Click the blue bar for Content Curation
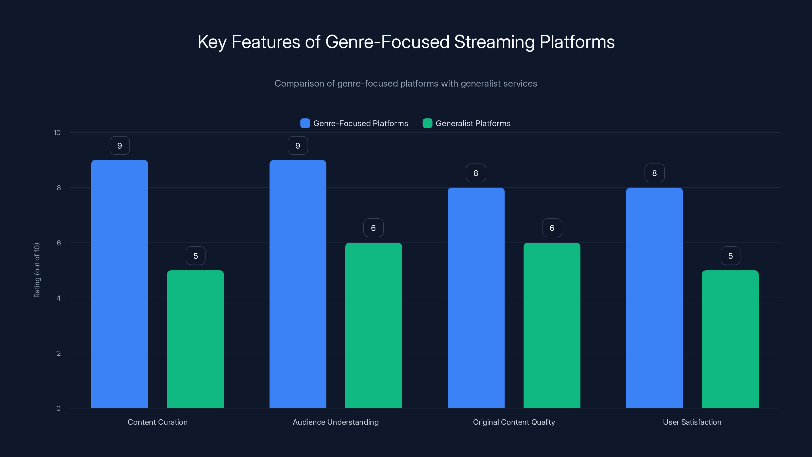click(x=120, y=284)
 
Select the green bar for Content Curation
click(x=195, y=339)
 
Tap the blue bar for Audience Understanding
click(x=298, y=284)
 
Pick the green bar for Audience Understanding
click(x=374, y=325)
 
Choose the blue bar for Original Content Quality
click(x=476, y=298)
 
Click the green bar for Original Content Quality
click(x=552, y=325)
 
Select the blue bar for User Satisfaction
click(x=654, y=298)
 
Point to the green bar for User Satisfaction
click(x=730, y=339)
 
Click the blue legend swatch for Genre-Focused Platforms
click(x=305, y=123)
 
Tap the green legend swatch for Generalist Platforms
click(x=427, y=123)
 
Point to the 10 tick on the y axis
click(x=57, y=133)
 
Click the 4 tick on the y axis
click(x=59, y=298)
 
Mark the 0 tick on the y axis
click(x=59, y=409)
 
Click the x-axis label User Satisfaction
click(x=692, y=422)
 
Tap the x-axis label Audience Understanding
click(x=335, y=422)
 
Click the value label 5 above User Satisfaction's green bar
click(x=730, y=256)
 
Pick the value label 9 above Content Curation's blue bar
click(x=120, y=146)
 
